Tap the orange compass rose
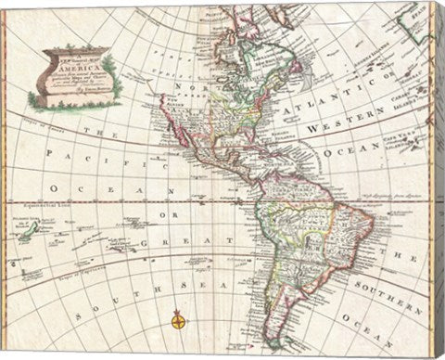coord(177,324)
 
